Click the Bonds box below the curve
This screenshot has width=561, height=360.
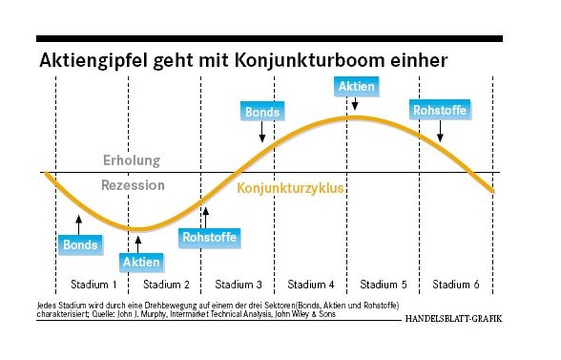pyautogui.click(x=80, y=245)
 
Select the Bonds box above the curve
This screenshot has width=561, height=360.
pyautogui.click(x=262, y=112)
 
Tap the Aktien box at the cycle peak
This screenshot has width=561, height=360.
pyautogui.click(x=357, y=86)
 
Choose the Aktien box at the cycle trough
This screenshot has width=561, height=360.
pyautogui.click(x=141, y=263)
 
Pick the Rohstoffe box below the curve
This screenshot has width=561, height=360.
pyautogui.click(x=210, y=237)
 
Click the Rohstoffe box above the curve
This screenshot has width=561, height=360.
pyautogui.click(x=440, y=110)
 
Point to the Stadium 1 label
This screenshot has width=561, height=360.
pyautogui.click(x=93, y=285)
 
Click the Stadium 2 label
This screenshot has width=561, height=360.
pyautogui.click(x=166, y=285)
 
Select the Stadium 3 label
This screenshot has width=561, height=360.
pyautogui.click(x=239, y=285)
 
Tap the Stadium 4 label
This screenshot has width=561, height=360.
pyautogui.click(x=311, y=285)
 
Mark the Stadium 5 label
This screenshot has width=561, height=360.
pyautogui.click(x=384, y=285)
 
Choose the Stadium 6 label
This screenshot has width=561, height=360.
pyautogui.click(x=456, y=285)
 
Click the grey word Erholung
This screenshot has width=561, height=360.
pyautogui.click(x=132, y=160)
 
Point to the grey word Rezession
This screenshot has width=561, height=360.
pyautogui.click(x=134, y=185)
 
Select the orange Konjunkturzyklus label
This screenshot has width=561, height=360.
pyautogui.click(x=290, y=188)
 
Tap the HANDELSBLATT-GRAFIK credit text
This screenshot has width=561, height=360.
pyautogui.click(x=454, y=318)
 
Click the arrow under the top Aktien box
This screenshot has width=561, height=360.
pyautogui.click(x=355, y=103)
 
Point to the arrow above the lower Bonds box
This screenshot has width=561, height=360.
pyautogui.click(x=78, y=225)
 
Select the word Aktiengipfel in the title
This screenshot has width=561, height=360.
pyautogui.click(x=93, y=60)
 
